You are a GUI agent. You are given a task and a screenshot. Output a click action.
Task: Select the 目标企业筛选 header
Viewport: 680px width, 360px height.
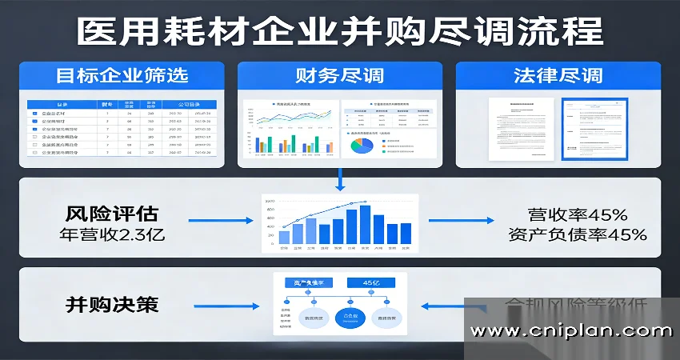tap(122, 77)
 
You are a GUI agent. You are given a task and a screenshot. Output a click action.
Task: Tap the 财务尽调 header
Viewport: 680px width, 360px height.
tap(339, 77)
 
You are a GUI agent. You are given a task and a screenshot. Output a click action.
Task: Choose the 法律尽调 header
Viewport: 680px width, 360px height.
tap(558, 77)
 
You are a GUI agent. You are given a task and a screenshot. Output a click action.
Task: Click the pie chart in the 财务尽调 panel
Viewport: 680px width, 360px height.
tap(362, 145)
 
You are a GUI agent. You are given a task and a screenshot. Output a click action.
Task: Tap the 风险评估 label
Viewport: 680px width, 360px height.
tap(112, 214)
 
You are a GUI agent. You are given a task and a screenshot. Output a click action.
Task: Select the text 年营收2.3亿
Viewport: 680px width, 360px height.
tap(112, 234)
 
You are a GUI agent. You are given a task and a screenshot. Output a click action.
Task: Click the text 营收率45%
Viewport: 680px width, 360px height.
tap(578, 214)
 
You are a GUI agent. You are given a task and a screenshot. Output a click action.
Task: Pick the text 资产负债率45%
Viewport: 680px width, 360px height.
tap(577, 234)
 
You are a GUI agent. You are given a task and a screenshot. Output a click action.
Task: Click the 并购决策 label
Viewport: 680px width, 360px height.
tap(112, 305)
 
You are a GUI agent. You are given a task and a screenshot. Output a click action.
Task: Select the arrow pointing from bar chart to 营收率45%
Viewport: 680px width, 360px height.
tap(451, 219)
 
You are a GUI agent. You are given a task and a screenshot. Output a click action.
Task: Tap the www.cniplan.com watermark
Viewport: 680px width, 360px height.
tap(571, 330)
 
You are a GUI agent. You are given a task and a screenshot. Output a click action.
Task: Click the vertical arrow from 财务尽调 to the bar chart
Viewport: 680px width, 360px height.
tap(341, 180)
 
